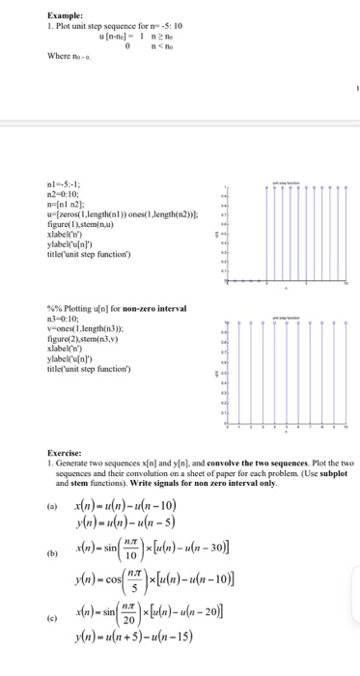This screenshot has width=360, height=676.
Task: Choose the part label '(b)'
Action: pyautogui.click(x=65, y=556)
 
